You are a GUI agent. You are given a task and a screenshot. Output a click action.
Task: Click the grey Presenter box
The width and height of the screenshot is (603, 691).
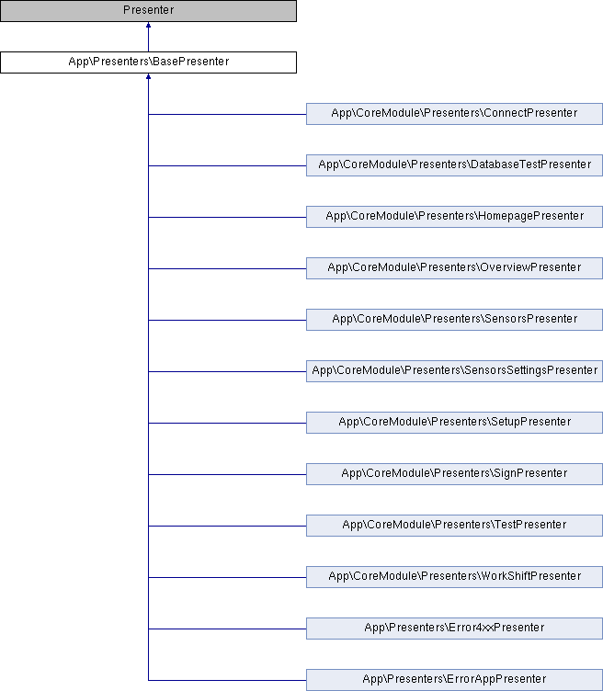click(x=148, y=11)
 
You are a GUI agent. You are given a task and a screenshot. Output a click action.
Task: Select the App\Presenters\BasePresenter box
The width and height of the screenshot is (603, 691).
click(x=148, y=62)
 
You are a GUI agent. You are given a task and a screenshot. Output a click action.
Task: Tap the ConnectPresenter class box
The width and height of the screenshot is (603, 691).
click(x=454, y=114)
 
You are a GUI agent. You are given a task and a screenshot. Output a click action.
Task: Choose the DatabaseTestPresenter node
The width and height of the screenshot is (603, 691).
click(x=454, y=165)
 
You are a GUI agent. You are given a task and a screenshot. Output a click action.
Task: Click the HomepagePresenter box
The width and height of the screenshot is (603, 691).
click(x=454, y=216)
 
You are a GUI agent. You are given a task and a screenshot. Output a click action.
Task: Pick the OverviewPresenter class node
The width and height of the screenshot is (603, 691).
click(x=454, y=268)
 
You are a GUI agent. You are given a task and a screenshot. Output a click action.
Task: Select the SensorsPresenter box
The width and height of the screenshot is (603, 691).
click(x=454, y=320)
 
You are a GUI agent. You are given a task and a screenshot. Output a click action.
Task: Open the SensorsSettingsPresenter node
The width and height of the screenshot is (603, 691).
click(x=454, y=371)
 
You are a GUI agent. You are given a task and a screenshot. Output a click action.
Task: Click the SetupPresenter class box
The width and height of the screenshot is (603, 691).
click(x=454, y=423)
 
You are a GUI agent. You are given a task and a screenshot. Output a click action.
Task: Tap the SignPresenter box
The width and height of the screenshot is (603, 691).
click(x=454, y=474)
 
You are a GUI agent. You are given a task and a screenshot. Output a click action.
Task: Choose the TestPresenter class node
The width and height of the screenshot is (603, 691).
click(x=454, y=526)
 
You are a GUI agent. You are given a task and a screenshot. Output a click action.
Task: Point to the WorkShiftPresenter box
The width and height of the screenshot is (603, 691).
click(x=454, y=577)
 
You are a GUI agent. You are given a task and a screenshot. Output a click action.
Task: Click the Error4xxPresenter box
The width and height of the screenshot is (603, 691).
click(x=454, y=629)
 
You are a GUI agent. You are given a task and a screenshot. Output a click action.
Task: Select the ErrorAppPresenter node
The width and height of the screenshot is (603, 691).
click(x=454, y=680)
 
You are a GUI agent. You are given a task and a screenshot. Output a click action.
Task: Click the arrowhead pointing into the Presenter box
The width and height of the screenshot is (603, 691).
click(x=149, y=25)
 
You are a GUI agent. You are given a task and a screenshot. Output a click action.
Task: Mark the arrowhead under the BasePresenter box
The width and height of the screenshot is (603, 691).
click(x=149, y=76)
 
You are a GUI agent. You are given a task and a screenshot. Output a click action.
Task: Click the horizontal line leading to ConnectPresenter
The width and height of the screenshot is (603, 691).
click(x=227, y=114)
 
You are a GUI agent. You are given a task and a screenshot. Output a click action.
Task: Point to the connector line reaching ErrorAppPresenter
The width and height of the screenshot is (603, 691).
click(x=227, y=680)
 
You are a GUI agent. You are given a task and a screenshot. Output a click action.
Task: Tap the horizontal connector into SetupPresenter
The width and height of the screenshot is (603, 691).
click(x=227, y=423)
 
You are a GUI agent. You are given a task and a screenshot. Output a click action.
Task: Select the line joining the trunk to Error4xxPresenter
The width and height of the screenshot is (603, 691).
click(x=227, y=629)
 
